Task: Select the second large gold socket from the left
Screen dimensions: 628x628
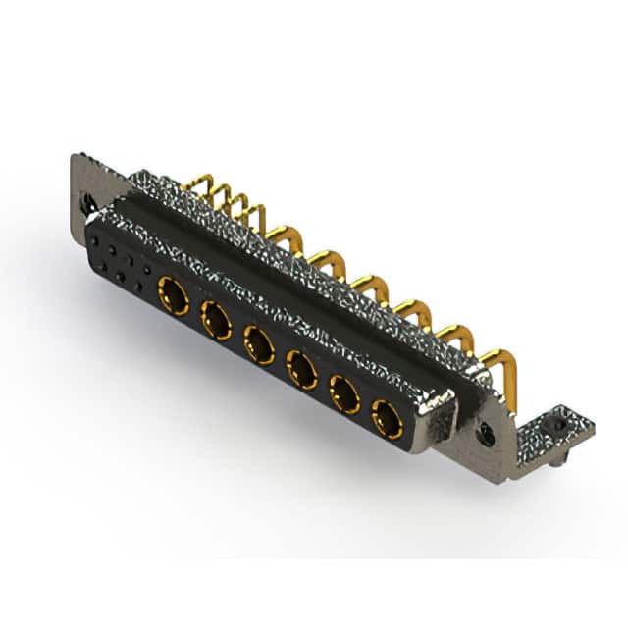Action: [x=216, y=319]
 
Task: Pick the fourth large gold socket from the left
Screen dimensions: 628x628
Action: [x=301, y=370]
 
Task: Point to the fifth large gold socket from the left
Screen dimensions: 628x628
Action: [x=344, y=395]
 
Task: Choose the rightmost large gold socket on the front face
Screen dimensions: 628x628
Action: [x=388, y=422]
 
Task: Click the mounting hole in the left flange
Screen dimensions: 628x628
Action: [x=89, y=205]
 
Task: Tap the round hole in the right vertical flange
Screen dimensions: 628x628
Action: [x=486, y=434]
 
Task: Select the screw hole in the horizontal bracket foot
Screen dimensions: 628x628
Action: [x=559, y=426]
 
